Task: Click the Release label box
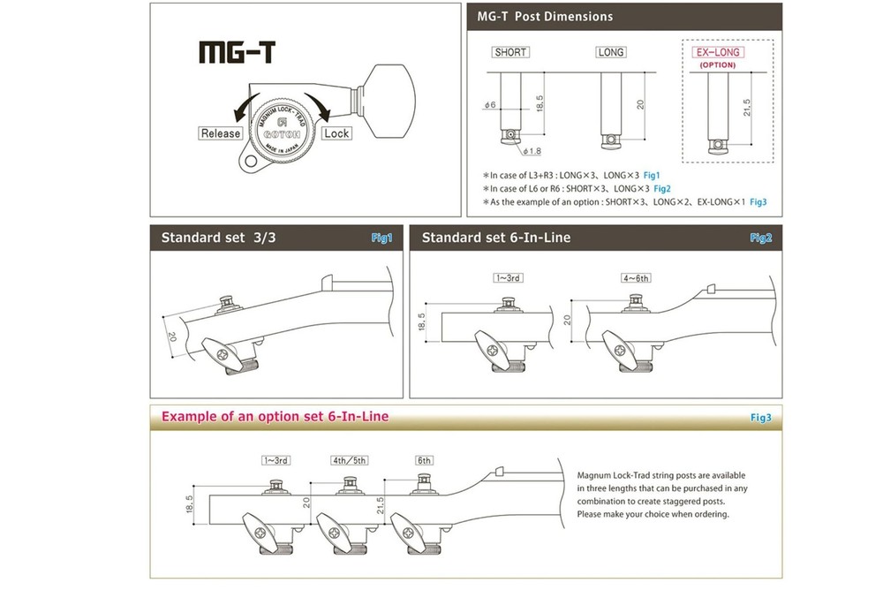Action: point(221,133)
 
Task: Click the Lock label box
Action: point(336,133)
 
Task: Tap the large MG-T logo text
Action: point(235,51)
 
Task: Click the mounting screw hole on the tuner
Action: point(253,163)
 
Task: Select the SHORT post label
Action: point(510,52)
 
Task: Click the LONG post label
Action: point(611,52)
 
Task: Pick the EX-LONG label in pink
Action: point(717,53)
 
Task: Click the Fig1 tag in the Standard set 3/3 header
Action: point(381,238)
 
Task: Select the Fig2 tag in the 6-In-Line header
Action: point(760,238)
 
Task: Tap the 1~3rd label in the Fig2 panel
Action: point(509,278)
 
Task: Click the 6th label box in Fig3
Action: point(425,460)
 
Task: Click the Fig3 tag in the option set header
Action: point(760,417)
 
